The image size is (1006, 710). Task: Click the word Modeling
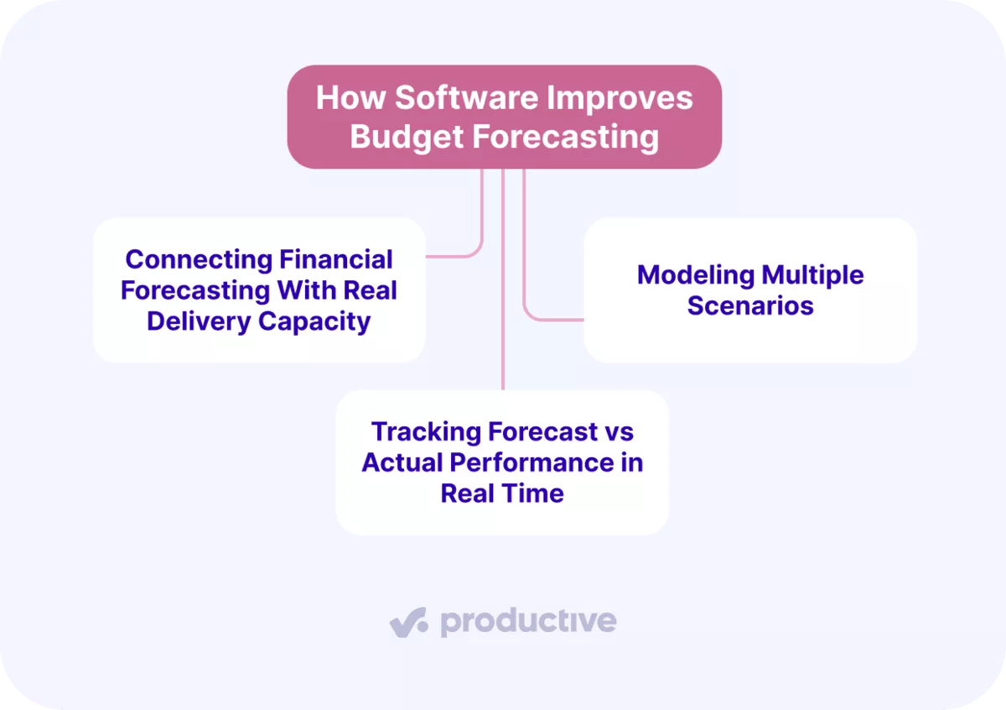point(695,274)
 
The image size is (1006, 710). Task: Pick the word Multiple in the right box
point(812,274)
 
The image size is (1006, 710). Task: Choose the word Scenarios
point(750,305)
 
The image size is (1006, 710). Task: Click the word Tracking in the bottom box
point(427,431)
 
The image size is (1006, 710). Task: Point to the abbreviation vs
point(618,431)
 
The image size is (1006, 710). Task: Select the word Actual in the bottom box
point(402,462)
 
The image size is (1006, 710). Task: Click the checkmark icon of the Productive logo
point(408,623)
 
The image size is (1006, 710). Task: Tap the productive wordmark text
point(528,622)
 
